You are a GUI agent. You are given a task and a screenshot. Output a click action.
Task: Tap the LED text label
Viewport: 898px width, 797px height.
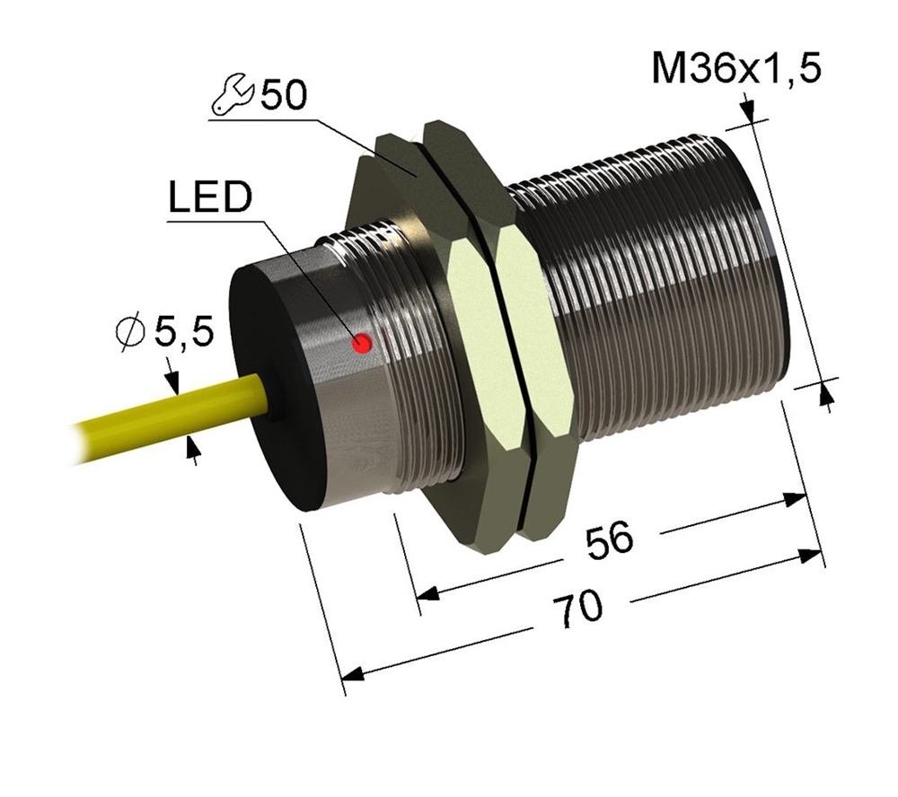[210, 197]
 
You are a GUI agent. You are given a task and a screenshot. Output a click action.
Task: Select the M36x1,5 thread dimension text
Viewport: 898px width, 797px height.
[736, 68]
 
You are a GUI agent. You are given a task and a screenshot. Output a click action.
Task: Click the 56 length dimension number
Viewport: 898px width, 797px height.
[611, 540]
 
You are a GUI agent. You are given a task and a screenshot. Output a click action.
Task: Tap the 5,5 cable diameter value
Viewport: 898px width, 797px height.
[184, 333]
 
